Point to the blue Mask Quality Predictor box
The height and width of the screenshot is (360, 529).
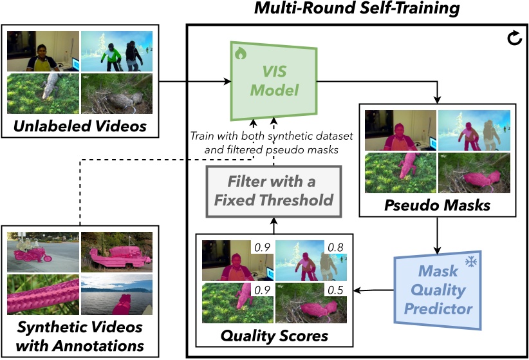tap(437, 289)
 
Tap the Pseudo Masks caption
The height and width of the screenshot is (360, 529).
tap(437, 205)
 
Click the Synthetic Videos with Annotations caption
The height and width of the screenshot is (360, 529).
tap(80, 336)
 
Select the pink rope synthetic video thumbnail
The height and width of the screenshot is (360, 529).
tap(42, 295)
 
